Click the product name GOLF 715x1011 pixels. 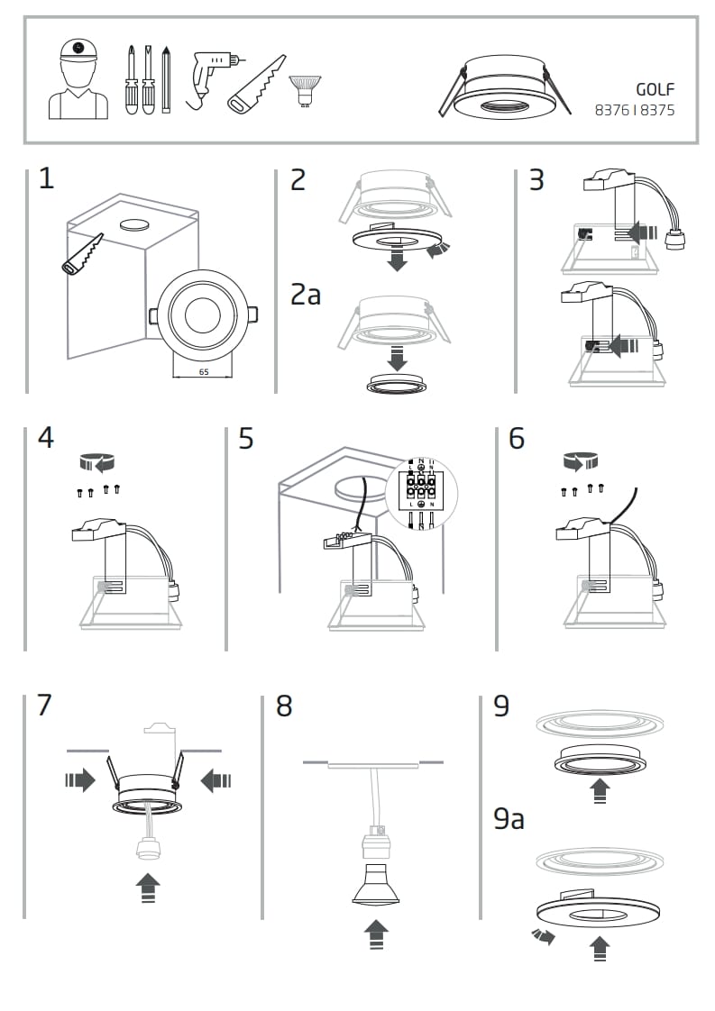(x=655, y=89)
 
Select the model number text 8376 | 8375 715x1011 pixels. (x=635, y=111)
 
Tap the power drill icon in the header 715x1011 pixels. (x=212, y=76)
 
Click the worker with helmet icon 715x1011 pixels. (x=78, y=79)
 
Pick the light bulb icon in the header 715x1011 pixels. (x=304, y=90)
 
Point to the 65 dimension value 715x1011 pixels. (x=203, y=370)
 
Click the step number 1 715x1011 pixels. (x=46, y=178)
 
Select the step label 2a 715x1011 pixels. (x=306, y=294)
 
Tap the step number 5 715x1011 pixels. (x=246, y=439)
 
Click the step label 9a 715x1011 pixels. (x=509, y=819)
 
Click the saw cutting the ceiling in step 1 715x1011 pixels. (x=82, y=255)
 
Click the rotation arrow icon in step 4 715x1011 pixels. (x=98, y=463)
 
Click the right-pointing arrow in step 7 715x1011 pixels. (x=80, y=779)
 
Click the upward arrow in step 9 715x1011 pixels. (x=598, y=791)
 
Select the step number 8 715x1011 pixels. (x=284, y=706)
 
